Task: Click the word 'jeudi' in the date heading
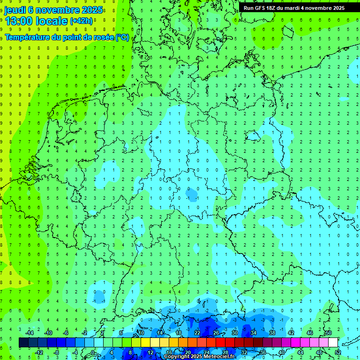point(15,10)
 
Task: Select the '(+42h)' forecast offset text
point(81,21)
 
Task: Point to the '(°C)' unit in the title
point(122,37)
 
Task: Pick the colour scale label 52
point(338,352)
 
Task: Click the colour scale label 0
point(93,352)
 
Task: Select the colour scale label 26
point(216,333)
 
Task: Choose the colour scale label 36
point(263,352)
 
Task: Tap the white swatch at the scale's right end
point(333,343)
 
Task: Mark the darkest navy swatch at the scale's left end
point(23,343)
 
